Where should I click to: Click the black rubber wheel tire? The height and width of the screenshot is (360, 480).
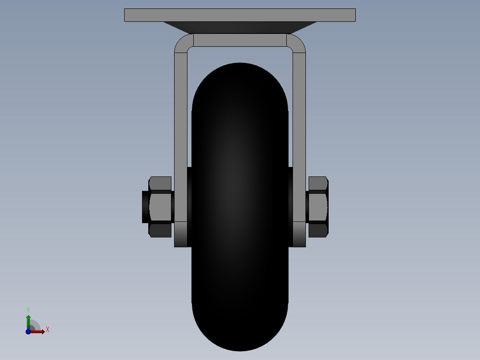click(x=240, y=207)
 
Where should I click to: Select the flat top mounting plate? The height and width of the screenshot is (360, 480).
click(x=240, y=15)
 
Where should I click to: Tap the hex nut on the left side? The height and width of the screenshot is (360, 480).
click(x=160, y=207)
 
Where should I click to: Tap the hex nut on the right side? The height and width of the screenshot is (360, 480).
click(x=318, y=207)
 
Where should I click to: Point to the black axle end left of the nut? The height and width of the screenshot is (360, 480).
click(x=146, y=207)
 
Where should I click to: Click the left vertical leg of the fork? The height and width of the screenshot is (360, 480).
click(x=181, y=137)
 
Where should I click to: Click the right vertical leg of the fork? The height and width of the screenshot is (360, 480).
click(x=299, y=137)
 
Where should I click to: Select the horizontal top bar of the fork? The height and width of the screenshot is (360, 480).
click(x=240, y=40)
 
